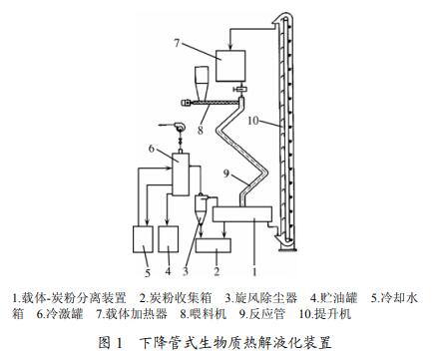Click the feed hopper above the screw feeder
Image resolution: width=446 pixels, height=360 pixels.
click(x=200, y=81)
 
